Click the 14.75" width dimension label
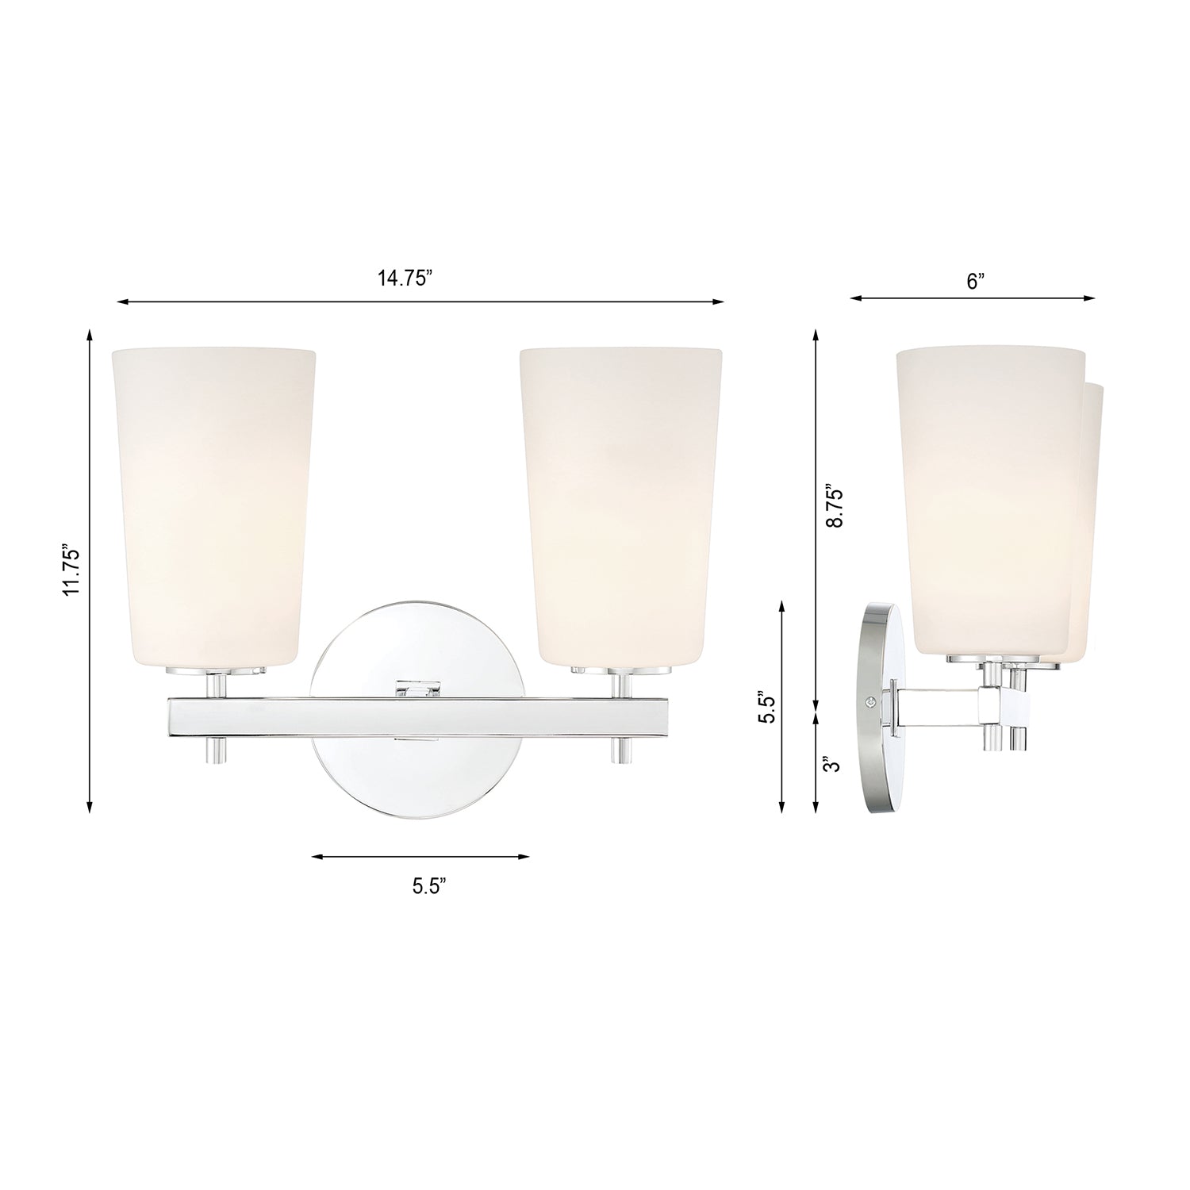click(x=404, y=278)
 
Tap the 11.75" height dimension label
click(x=72, y=569)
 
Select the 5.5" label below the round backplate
click(x=429, y=886)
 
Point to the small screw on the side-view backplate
click(x=872, y=701)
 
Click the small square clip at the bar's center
click(x=419, y=689)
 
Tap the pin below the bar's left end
click(x=214, y=750)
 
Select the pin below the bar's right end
click(x=621, y=750)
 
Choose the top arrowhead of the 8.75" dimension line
click(x=816, y=333)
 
